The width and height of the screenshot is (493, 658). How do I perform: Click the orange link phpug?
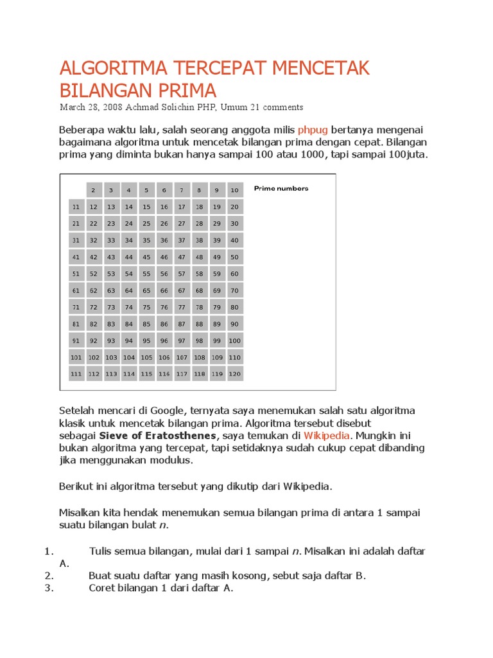(313, 129)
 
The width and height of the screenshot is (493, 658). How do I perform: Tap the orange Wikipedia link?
(326, 435)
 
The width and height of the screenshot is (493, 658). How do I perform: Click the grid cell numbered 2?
(93, 190)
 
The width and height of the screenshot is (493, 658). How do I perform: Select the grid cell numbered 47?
(182, 257)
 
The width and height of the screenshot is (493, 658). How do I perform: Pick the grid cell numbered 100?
(235, 341)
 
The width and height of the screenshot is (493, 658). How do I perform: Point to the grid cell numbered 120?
(235, 374)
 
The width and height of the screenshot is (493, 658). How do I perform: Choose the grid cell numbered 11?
(76, 207)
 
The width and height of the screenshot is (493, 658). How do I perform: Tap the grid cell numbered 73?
(111, 307)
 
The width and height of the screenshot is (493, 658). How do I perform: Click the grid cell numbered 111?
(76, 374)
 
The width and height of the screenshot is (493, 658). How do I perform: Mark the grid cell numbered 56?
(164, 274)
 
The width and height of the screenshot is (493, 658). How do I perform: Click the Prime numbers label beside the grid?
(281, 188)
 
